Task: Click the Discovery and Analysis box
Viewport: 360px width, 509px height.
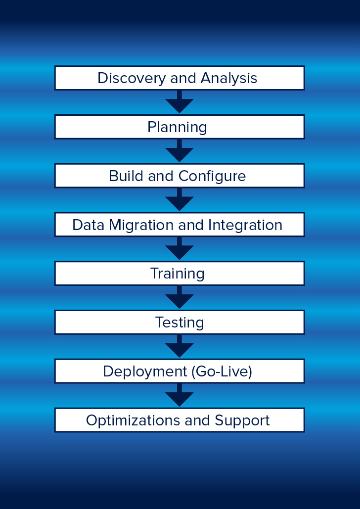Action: (180, 78)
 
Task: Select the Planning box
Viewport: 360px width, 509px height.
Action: (180, 127)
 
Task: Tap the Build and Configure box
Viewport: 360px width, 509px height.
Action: (180, 176)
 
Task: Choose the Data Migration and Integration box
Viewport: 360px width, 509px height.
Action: (180, 224)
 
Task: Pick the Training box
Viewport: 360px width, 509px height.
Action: (180, 274)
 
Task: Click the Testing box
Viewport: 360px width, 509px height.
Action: (180, 322)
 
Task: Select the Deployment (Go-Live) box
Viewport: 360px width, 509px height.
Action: (180, 371)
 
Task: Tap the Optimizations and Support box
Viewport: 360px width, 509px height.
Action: (180, 420)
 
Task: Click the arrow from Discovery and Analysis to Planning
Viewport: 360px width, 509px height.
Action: (180, 102)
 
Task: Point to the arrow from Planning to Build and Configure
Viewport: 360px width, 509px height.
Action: (180, 150)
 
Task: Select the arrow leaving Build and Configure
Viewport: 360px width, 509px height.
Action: (180, 200)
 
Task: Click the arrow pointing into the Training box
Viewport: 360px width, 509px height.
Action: (180, 248)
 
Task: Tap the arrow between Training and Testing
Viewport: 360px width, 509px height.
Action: (180, 297)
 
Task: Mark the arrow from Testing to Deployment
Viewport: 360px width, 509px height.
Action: (180, 346)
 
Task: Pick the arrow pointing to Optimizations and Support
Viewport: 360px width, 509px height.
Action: (180, 395)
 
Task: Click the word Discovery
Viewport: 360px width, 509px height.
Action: (131, 79)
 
